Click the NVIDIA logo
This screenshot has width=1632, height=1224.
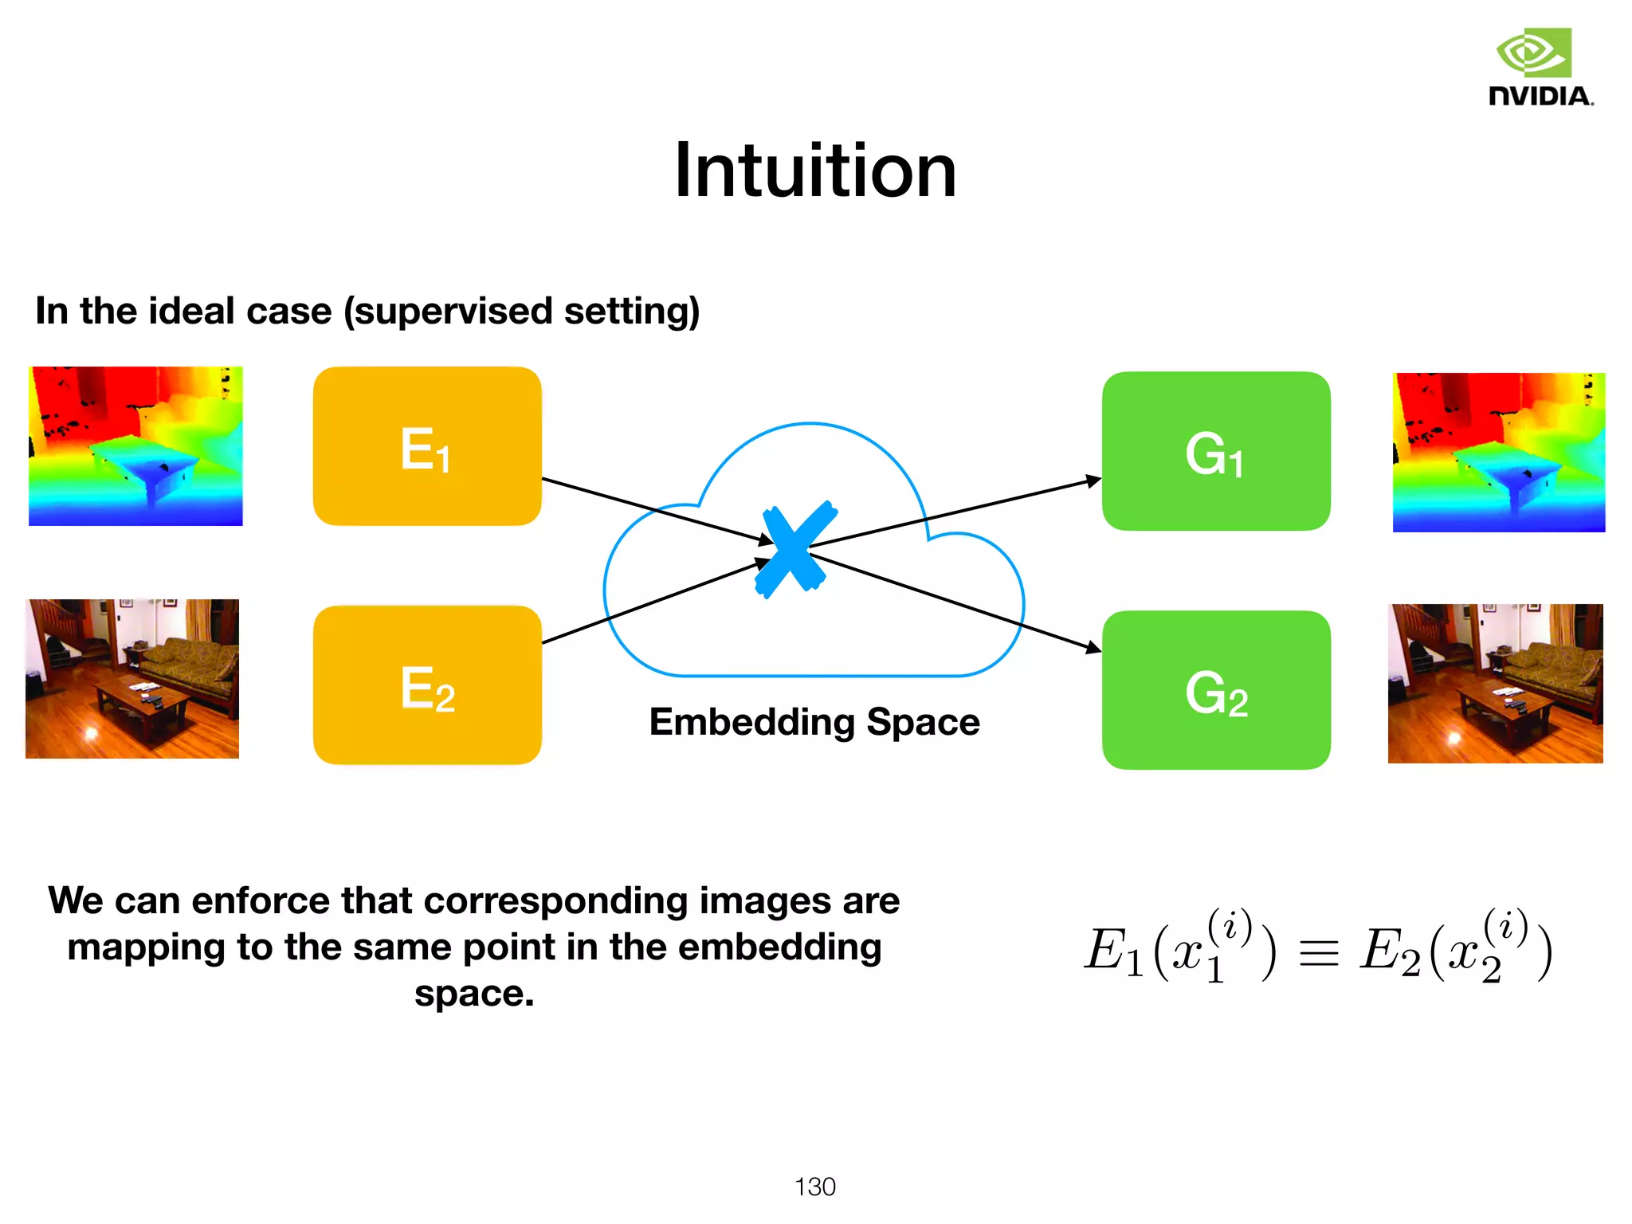pos(1540,68)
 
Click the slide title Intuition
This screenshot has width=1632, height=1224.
pos(814,171)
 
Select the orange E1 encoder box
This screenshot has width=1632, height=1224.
pos(427,446)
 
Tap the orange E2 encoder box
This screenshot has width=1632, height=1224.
pos(427,685)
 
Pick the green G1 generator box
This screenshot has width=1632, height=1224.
pos(1216,451)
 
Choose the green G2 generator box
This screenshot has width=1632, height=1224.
pos(1216,690)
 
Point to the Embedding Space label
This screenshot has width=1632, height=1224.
pos(814,722)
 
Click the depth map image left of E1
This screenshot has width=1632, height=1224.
pos(135,446)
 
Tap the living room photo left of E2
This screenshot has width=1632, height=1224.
pos(132,679)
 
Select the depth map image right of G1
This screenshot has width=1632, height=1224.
pos(1498,452)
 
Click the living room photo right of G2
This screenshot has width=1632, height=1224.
pos(1495,684)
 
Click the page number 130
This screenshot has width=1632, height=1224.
pos(814,1187)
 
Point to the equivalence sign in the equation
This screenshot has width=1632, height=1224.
pos(1319,953)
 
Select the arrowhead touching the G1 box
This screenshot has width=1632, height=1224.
pos(1093,481)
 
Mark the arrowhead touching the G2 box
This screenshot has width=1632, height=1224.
pos(1093,648)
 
